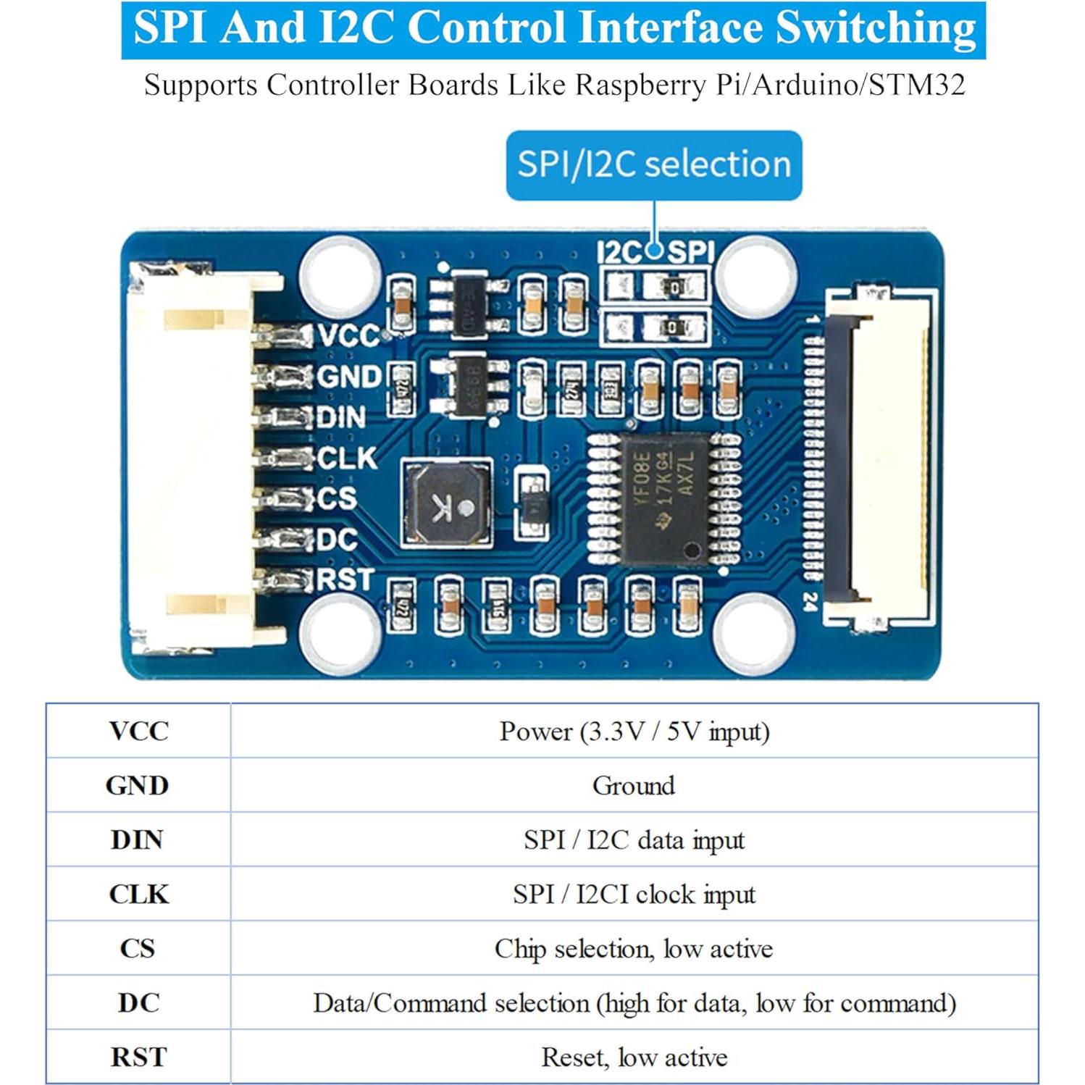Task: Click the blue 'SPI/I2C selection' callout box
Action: [653, 164]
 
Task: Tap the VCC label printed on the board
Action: [349, 335]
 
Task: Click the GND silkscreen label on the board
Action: [349, 377]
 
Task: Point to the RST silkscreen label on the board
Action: [345, 579]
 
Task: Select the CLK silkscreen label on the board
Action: [348, 458]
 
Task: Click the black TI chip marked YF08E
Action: [664, 498]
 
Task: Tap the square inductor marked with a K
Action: [445, 502]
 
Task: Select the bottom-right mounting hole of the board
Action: [754, 630]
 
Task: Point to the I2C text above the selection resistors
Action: [619, 252]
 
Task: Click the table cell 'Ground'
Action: [633, 785]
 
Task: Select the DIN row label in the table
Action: [138, 839]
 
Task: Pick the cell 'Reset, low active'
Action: [633, 1057]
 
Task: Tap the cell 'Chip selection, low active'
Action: [633, 948]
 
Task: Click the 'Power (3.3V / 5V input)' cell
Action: [633, 731]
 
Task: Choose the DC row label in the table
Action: [138, 1002]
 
